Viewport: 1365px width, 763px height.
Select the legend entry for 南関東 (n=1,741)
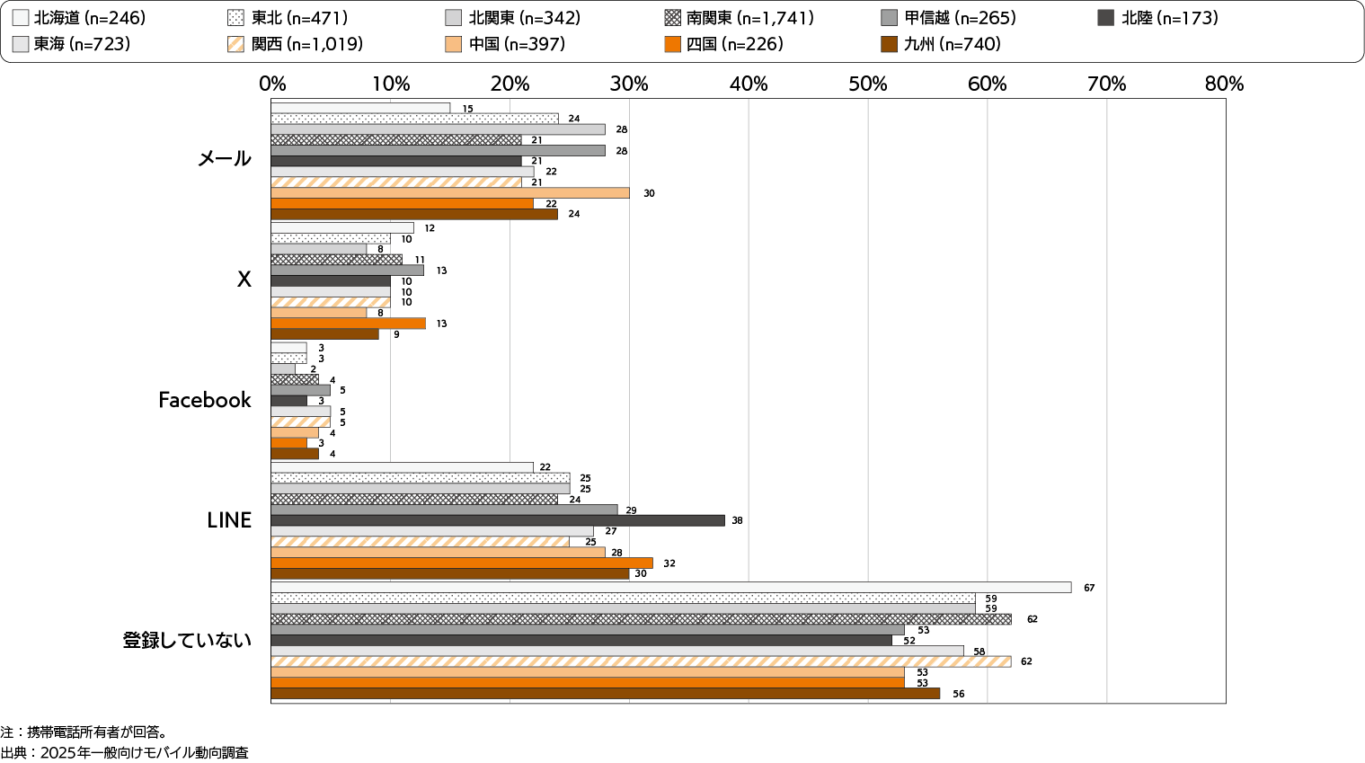pyautogui.click(x=739, y=18)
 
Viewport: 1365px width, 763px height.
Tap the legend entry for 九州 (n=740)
pyautogui.click(x=941, y=44)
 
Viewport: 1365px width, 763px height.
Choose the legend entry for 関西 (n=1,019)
pyautogui.click(x=296, y=44)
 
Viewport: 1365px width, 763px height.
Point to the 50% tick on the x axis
pyautogui.click(x=868, y=84)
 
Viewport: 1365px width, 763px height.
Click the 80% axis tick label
pyautogui.click(x=1225, y=84)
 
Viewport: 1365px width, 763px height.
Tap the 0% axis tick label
pyautogui.click(x=272, y=84)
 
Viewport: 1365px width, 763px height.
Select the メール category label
pyautogui.click(x=225, y=159)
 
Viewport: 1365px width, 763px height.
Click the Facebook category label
pyautogui.click(x=205, y=400)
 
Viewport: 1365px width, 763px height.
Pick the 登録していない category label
pyautogui.click(x=187, y=641)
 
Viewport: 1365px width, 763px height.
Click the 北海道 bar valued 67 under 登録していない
pyautogui.click(x=670, y=588)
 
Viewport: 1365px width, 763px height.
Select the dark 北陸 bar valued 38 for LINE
pyautogui.click(x=498, y=520)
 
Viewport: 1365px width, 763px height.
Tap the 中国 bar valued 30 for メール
pyautogui.click(x=450, y=193)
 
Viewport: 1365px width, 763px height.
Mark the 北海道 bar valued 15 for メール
pyautogui.click(x=360, y=109)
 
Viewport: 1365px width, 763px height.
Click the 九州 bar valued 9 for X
pyautogui.click(x=325, y=334)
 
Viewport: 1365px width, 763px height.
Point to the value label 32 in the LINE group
pyautogui.click(x=669, y=563)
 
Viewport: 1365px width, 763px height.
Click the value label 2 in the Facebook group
pyautogui.click(x=313, y=369)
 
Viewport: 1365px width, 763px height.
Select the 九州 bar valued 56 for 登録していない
pyautogui.click(x=606, y=694)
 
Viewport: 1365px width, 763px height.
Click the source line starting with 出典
pyautogui.click(x=125, y=753)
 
